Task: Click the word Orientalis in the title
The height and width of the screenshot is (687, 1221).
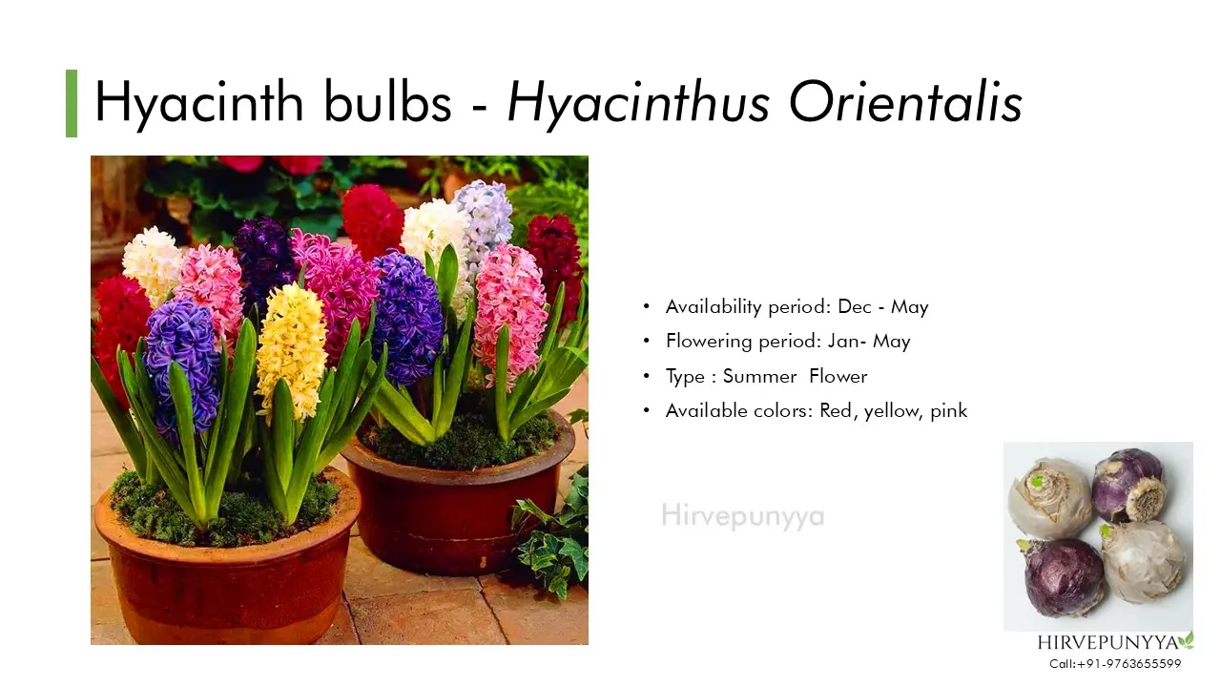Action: [905, 102]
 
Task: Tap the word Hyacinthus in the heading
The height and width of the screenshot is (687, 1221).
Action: [638, 105]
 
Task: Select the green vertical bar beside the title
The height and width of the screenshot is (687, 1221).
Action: [72, 103]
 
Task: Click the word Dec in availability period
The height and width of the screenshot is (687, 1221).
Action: [855, 307]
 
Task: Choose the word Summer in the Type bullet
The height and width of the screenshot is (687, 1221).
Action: [760, 376]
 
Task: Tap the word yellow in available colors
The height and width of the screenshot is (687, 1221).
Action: [891, 411]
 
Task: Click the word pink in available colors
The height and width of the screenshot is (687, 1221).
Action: [948, 411]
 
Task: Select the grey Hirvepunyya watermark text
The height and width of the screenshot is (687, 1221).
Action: [742, 516]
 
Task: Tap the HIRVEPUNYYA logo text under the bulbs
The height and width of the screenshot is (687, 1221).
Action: [1107, 643]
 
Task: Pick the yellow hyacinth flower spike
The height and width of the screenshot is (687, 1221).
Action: [293, 352]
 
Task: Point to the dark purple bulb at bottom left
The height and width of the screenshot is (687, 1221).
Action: [1064, 577]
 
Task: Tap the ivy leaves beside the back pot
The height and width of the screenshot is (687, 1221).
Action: [551, 540]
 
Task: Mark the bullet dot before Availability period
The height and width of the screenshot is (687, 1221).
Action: [647, 307]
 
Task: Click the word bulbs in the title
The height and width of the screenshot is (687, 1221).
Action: [387, 102]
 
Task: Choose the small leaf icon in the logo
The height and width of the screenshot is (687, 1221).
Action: [1187, 639]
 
